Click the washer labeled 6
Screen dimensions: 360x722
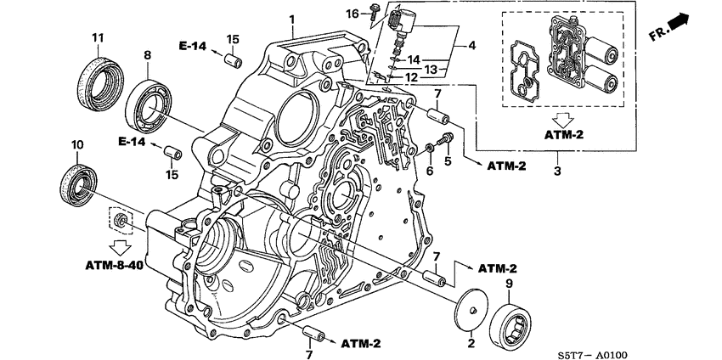(x=431, y=151)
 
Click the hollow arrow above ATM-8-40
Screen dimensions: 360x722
(x=122, y=246)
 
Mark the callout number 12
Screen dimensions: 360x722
(x=410, y=77)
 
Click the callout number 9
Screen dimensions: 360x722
(x=509, y=284)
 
